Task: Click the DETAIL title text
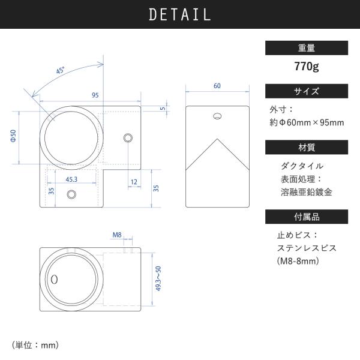[180, 14]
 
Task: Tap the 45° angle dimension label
[61, 70]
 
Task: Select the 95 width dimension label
[95, 95]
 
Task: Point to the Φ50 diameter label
[13, 136]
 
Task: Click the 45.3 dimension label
[71, 179]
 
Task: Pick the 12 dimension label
[134, 182]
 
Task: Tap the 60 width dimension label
[217, 86]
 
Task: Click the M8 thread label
[117, 235]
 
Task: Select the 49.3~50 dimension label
[158, 279]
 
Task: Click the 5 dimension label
[163, 109]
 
